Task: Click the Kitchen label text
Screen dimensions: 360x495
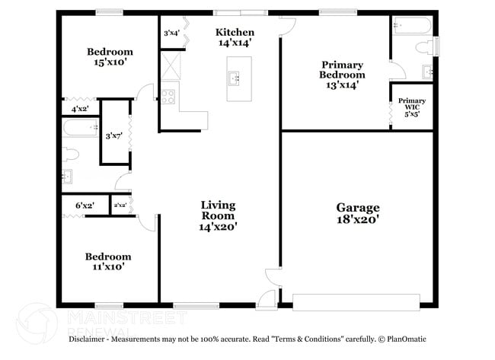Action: click(235, 32)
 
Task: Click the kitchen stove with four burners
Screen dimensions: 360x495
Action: click(168, 97)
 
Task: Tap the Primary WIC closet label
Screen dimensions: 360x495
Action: click(411, 105)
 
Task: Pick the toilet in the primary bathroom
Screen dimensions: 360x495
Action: click(423, 47)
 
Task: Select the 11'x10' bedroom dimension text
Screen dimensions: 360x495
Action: click(107, 267)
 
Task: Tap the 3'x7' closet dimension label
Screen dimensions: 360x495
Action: click(114, 136)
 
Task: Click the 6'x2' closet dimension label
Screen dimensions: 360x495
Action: click(85, 205)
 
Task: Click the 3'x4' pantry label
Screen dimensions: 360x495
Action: click(172, 33)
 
